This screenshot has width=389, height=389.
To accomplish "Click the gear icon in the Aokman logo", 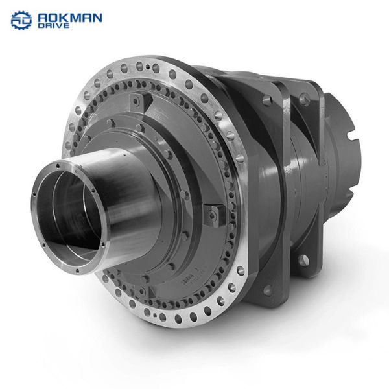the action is pyautogui.click(x=21, y=20).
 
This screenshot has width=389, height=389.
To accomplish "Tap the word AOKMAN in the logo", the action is pyautogui.click(x=70, y=18).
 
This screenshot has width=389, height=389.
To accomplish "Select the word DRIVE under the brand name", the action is pyautogui.click(x=53, y=25).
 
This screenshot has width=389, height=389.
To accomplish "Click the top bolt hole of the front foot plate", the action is pyautogui.click(x=266, y=100).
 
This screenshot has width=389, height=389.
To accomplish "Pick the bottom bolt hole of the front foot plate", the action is pyautogui.click(x=267, y=290).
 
